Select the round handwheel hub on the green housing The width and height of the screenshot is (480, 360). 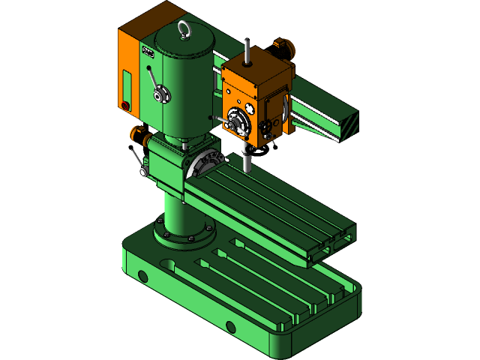point(159,94)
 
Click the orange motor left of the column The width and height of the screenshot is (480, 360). point(139,136)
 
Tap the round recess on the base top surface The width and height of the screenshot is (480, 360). point(169,265)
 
